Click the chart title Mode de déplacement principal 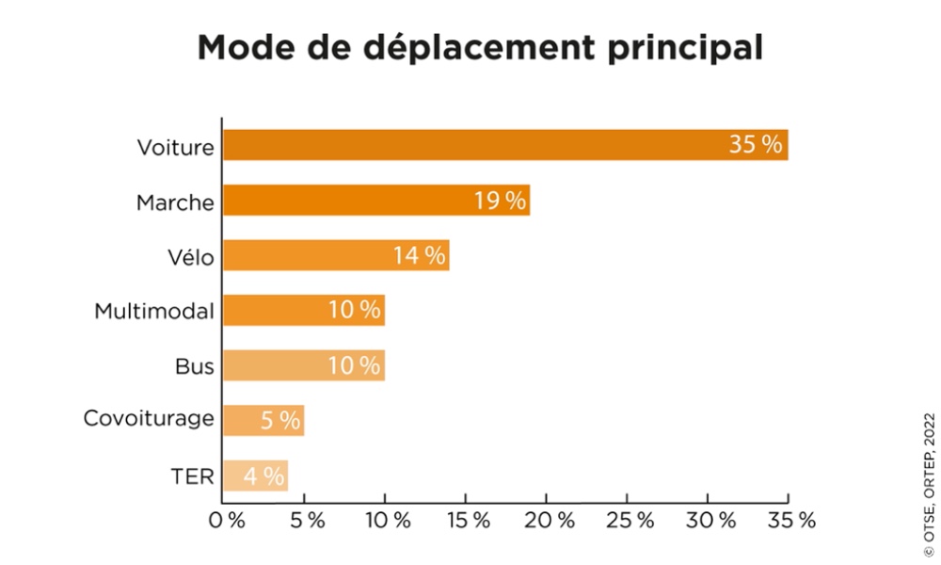[x=479, y=48]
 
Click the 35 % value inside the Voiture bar [x=756, y=145]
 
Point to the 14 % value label [x=420, y=255]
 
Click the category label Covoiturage [x=149, y=419]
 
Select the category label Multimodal [x=154, y=311]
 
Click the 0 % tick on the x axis [x=227, y=519]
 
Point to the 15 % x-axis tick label [x=469, y=519]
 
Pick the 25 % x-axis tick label [x=630, y=519]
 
